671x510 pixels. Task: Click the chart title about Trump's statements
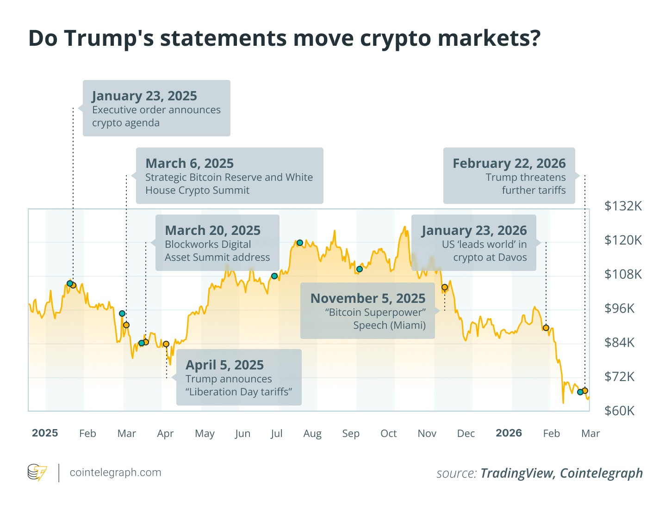tap(284, 38)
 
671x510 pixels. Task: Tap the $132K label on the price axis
tap(623, 206)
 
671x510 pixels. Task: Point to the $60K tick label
tap(619, 411)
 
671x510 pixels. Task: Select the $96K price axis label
tap(619, 308)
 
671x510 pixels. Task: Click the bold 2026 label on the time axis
tap(509, 433)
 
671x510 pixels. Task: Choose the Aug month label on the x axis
tap(312, 434)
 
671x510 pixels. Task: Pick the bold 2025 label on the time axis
tap(45, 433)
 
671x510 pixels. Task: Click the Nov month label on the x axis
tap(427, 434)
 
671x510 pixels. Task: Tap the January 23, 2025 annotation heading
tap(144, 96)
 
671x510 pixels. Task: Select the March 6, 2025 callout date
tap(189, 164)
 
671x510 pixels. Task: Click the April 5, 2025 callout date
tap(224, 365)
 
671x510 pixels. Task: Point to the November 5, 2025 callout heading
tap(367, 299)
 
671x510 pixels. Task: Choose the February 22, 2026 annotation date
tap(509, 164)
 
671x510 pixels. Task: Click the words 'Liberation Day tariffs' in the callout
tap(239, 392)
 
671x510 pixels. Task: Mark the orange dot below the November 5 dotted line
tap(445, 287)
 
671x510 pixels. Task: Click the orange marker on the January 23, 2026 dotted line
tap(546, 328)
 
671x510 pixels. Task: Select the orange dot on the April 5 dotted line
tap(166, 344)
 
